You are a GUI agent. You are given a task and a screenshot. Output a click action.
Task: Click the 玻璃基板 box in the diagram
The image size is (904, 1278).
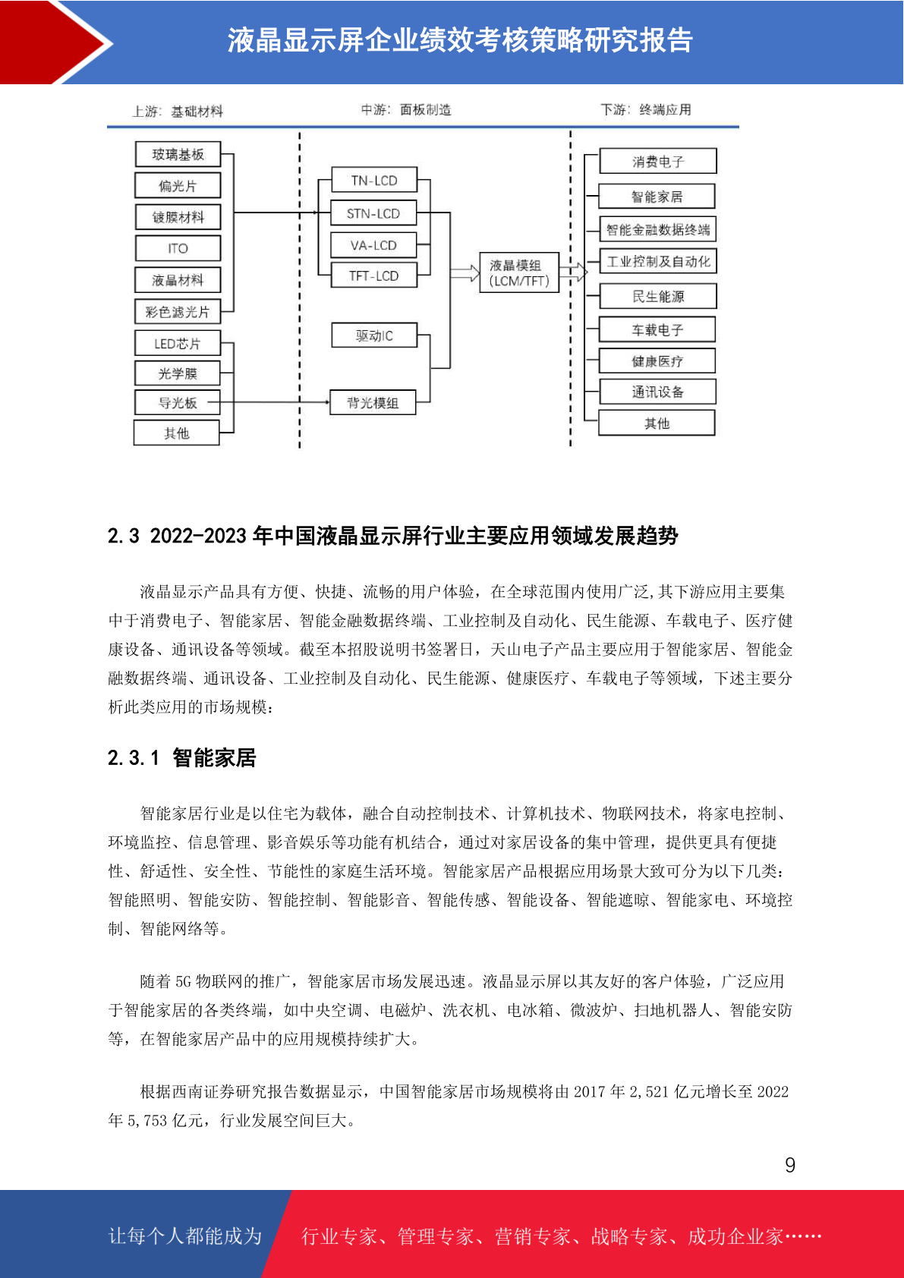[x=178, y=155]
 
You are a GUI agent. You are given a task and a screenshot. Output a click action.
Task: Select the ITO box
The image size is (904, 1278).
[x=178, y=248]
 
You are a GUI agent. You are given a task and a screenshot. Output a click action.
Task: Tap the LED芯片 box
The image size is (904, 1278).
[x=178, y=344]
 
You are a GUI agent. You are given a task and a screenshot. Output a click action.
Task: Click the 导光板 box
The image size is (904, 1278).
[x=178, y=403]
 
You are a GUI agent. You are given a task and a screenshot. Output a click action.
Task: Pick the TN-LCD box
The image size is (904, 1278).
[x=374, y=181]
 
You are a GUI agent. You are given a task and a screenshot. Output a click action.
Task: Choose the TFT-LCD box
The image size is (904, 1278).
[x=374, y=276]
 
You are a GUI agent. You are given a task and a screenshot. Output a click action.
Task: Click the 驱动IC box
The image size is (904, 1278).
[x=374, y=335]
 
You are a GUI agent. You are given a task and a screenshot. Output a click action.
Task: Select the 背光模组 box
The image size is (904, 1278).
[x=373, y=403]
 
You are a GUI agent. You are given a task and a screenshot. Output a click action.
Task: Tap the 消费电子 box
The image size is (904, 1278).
[x=657, y=162]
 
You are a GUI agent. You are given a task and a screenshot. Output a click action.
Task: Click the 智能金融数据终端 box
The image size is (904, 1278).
[x=657, y=229]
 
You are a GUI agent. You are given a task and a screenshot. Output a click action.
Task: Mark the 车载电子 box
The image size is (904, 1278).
[x=657, y=330]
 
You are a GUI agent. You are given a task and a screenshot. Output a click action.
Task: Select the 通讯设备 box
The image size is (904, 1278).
[x=657, y=392]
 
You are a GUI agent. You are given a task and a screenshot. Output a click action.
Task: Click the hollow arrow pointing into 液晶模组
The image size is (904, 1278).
[x=465, y=273]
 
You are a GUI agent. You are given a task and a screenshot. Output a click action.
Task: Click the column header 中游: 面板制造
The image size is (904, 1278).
[x=406, y=110]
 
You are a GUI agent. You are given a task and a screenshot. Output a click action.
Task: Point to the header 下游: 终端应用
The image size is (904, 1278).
[x=646, y=110]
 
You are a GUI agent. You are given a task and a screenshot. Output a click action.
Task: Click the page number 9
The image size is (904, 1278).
[x=790, y=1166]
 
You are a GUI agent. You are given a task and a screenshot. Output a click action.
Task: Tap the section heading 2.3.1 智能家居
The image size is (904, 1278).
[x=182, y=758]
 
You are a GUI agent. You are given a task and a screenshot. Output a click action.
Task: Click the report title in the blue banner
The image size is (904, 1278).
[x=460, y=41]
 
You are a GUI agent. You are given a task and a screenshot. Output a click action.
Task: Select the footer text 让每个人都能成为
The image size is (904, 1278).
[x=185, y=1236]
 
